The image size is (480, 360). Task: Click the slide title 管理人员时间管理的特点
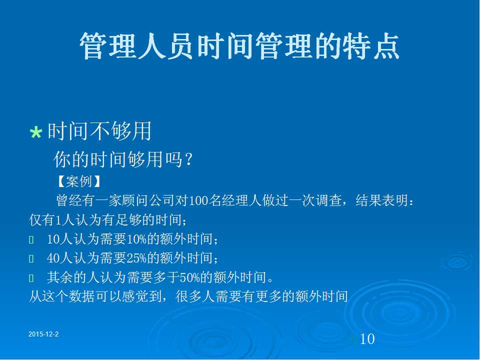239,46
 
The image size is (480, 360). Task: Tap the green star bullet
36,132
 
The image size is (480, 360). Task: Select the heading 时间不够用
99,131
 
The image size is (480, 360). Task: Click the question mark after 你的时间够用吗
188,159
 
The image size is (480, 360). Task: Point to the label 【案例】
78,181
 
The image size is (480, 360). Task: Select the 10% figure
136,239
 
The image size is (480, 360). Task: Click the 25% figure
136,258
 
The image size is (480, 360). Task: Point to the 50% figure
190,277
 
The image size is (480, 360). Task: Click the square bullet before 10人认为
31,239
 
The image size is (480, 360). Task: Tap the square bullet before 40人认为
31,258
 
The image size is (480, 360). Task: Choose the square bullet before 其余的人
31,278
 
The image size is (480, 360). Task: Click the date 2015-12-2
43,334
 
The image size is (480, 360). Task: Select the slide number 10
367,339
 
